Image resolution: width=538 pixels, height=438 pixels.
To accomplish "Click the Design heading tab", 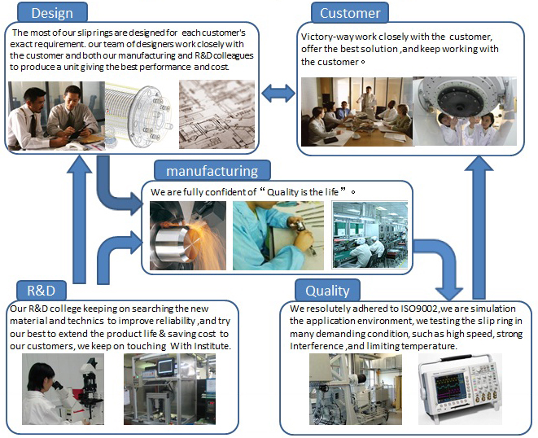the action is pos(52,13).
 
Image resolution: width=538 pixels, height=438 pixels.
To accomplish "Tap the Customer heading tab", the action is pos(350,13).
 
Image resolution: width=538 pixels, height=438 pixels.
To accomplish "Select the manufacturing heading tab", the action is pos(212,171).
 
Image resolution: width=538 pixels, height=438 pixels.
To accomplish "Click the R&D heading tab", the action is pos(42,291).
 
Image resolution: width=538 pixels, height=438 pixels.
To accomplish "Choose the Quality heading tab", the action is pos(327,291).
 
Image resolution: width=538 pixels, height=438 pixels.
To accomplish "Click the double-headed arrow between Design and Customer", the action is pos(278,94).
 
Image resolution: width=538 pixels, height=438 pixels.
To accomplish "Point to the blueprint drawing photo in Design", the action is pos(217,114).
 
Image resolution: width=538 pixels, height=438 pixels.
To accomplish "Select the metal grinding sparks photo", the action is pos(188,235).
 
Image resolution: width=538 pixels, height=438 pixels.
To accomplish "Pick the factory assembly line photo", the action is pos(370,234).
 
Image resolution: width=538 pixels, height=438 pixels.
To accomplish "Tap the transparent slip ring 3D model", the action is pos(139,115).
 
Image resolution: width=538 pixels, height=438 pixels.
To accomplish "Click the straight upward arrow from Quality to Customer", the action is pos(479,227).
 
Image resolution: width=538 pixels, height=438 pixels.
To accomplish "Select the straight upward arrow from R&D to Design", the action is pos(80,219).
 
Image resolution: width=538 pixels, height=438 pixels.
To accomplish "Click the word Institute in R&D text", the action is pos(212,346).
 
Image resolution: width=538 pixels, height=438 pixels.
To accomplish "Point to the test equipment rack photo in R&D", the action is pos(169,389).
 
